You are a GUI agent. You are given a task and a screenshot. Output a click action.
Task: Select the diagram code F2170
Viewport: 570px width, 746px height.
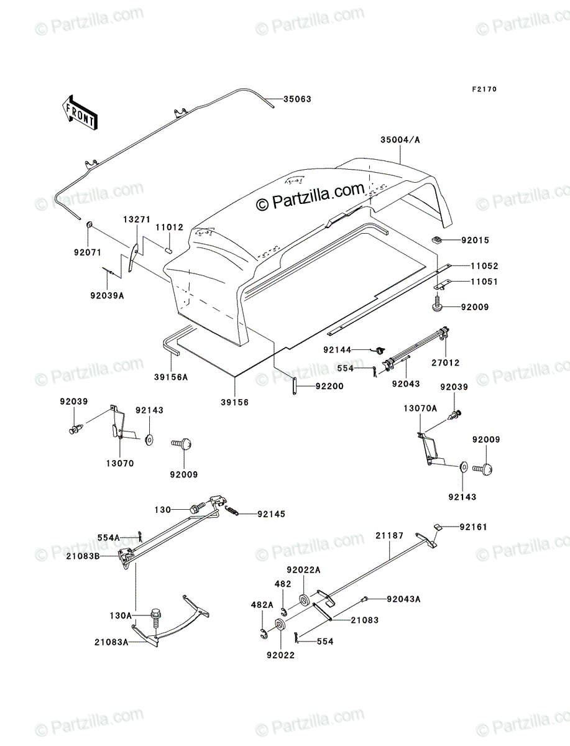484,89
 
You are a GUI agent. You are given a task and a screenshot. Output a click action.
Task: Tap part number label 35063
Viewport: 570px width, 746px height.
297,99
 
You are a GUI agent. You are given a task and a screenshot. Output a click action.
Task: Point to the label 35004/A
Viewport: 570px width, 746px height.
400,140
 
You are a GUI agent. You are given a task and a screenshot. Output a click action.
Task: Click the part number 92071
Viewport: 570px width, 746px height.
88,252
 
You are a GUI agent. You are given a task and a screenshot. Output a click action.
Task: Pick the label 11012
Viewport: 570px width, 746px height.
170,227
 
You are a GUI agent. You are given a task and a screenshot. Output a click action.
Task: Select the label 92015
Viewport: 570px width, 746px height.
475,240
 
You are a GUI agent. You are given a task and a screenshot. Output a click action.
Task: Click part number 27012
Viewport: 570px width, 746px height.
445,362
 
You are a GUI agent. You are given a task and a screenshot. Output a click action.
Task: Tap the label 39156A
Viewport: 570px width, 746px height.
171,377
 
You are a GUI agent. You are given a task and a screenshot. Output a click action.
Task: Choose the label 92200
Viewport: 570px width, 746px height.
329,386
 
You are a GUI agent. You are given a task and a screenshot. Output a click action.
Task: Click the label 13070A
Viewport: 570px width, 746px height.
420,408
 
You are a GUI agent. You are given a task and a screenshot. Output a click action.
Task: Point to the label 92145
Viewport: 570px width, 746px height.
271,514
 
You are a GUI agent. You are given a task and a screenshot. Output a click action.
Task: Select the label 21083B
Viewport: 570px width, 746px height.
83,556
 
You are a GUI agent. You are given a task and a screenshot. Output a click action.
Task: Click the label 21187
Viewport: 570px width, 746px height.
389,535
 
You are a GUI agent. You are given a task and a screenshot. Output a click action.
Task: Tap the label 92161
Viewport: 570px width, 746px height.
473,527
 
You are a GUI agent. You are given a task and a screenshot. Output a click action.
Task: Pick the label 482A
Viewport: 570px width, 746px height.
262,605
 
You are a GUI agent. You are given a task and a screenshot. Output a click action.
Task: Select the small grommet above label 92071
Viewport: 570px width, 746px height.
90,224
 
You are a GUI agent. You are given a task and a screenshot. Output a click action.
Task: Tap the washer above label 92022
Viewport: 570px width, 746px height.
280,624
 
